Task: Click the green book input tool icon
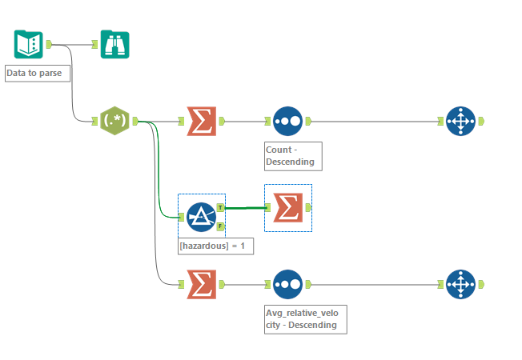coord(28,44)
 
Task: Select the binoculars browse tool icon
coord(114,44)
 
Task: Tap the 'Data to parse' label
coord(38,74)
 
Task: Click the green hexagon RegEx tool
coord(114,121)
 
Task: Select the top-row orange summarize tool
coord(201,121)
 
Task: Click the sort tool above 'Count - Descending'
coord(287,121)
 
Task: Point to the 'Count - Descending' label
coord(292,156)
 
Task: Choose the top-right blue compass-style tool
coord(460,121)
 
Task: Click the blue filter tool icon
coord(200,216)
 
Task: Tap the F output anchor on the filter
coord(220,226)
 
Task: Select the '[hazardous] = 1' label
coord(215,247)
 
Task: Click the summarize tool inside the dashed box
coord(287,208)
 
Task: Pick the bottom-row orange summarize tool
coord(201,284)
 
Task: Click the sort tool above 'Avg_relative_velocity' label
coord(287,284)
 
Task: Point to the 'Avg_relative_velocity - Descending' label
coord(305,318)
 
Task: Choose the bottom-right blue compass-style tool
coord(460,284)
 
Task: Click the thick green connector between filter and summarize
coord(244,208)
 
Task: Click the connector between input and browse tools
coord(76,44)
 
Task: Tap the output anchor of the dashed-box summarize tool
coord(308,207)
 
